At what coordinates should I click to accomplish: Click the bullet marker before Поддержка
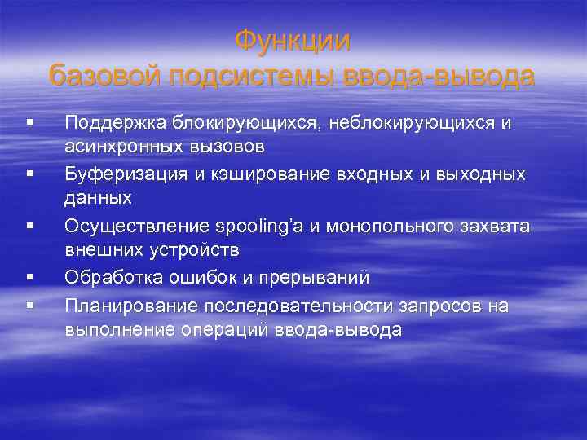pos(29,123)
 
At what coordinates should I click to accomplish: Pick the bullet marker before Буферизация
pos(29,174)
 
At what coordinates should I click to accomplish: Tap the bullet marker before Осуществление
pos(29,226)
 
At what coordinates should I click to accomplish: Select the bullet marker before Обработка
pos(29,278)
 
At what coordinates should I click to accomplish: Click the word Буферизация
pos(120,174)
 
